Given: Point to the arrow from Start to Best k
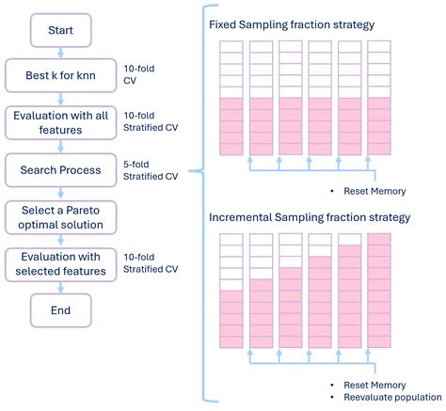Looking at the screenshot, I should tap(61, 53).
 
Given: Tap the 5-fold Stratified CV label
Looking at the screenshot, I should tap(151, 169).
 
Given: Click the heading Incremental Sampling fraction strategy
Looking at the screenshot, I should tap(310, 217).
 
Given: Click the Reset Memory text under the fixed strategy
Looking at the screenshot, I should tap(374, 191).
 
